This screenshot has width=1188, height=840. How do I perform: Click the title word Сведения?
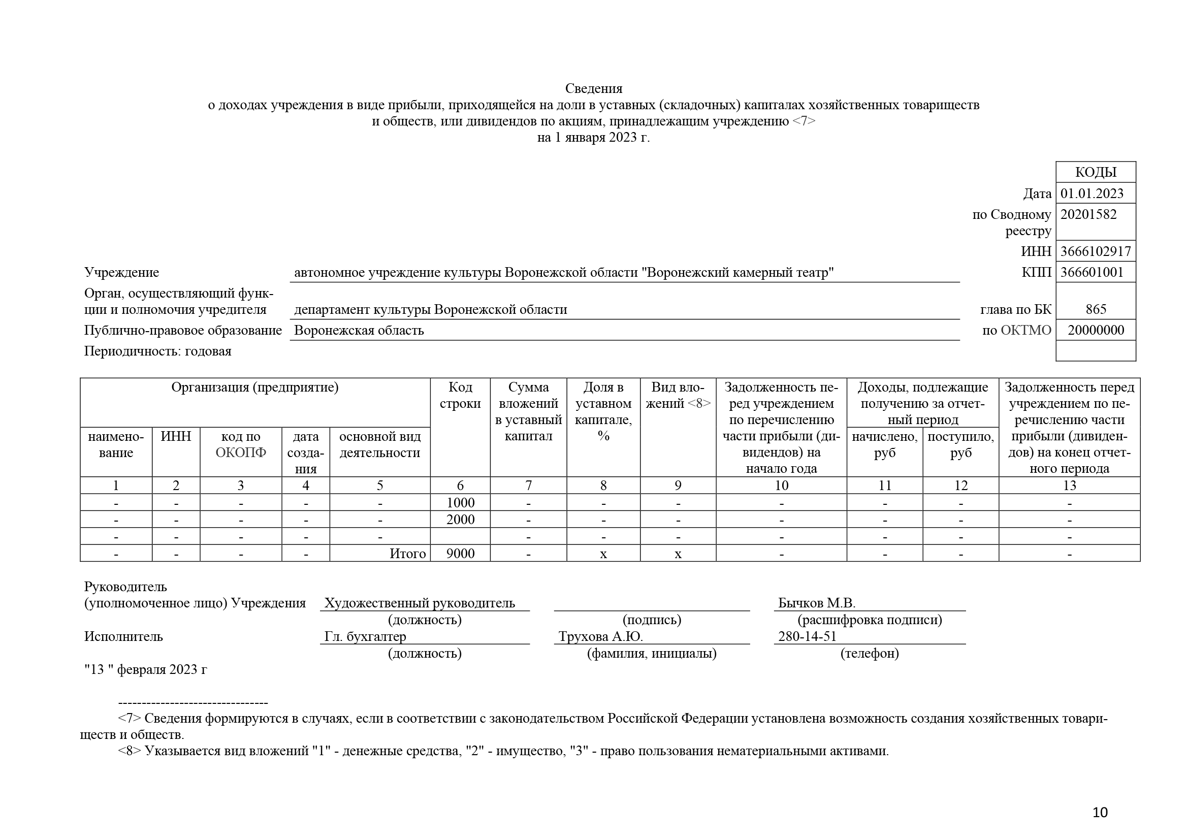coord(593,88)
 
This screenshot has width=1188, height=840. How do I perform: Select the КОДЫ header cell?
coord(1096,172)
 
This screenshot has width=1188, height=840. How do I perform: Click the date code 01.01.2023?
coord(1092,193)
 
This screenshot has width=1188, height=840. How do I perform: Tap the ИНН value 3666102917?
coord(1096,251)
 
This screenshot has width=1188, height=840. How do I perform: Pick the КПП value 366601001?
coord(1092,272)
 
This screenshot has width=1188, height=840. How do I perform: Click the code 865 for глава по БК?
coord(1096,309)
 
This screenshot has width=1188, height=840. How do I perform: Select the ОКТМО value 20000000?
coord(1096,330)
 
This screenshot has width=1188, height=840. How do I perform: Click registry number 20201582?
coord(1088,214)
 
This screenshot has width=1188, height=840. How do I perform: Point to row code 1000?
coord(460,502)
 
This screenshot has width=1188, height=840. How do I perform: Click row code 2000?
coord(460,520)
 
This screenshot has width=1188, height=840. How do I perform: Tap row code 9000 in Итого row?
coord(460,554)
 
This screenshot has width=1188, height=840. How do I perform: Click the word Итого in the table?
coord(407,554)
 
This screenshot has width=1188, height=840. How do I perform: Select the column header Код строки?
coord(460,395)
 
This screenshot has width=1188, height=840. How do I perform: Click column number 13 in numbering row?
coord(1069,485)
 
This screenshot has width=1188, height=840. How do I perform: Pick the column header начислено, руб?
coord(884,444)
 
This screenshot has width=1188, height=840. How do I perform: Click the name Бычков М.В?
coord(817,603)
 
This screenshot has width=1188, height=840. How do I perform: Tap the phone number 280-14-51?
coord(807,636)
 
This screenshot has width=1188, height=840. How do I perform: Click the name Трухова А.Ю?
coord(600,636)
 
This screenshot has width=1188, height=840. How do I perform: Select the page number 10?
coord(1100,813)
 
